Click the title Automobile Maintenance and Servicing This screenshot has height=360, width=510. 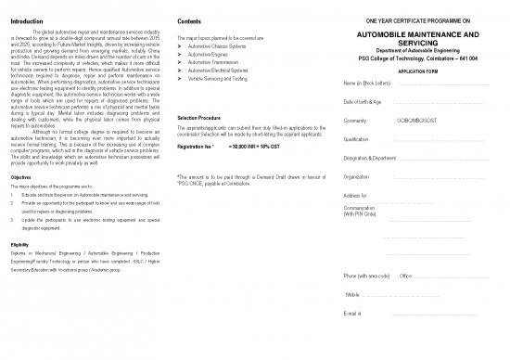424,39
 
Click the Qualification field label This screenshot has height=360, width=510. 357,139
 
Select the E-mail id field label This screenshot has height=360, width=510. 351,313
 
